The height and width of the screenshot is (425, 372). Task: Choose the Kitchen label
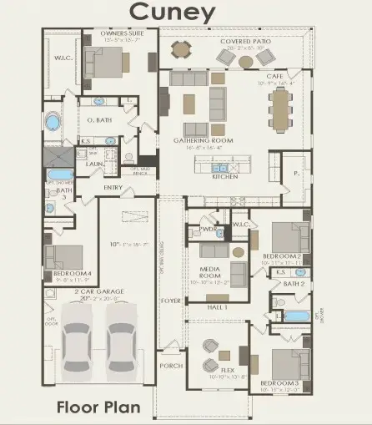pos(225,177)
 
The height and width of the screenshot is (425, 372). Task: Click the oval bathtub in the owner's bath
pos(53,123)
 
